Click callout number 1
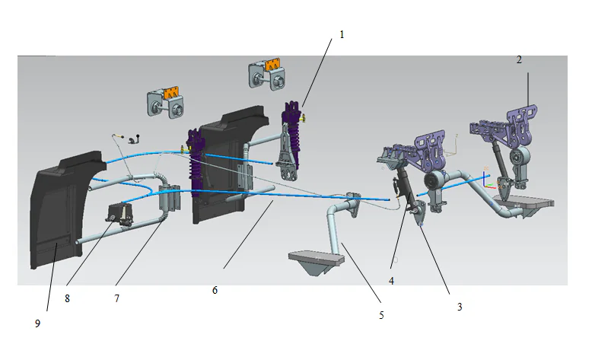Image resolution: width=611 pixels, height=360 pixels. [342, 34]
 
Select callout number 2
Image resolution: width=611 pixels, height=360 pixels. [520, 59]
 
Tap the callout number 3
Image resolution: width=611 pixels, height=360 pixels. [459, 307]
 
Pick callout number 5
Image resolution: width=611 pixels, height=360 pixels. [381, 314]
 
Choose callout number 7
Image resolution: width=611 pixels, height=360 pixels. [116, 299]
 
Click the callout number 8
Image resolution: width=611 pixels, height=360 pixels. [68, 299]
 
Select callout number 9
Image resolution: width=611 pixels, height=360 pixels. [38, 323]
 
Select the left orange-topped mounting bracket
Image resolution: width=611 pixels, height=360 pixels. [167, 103]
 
